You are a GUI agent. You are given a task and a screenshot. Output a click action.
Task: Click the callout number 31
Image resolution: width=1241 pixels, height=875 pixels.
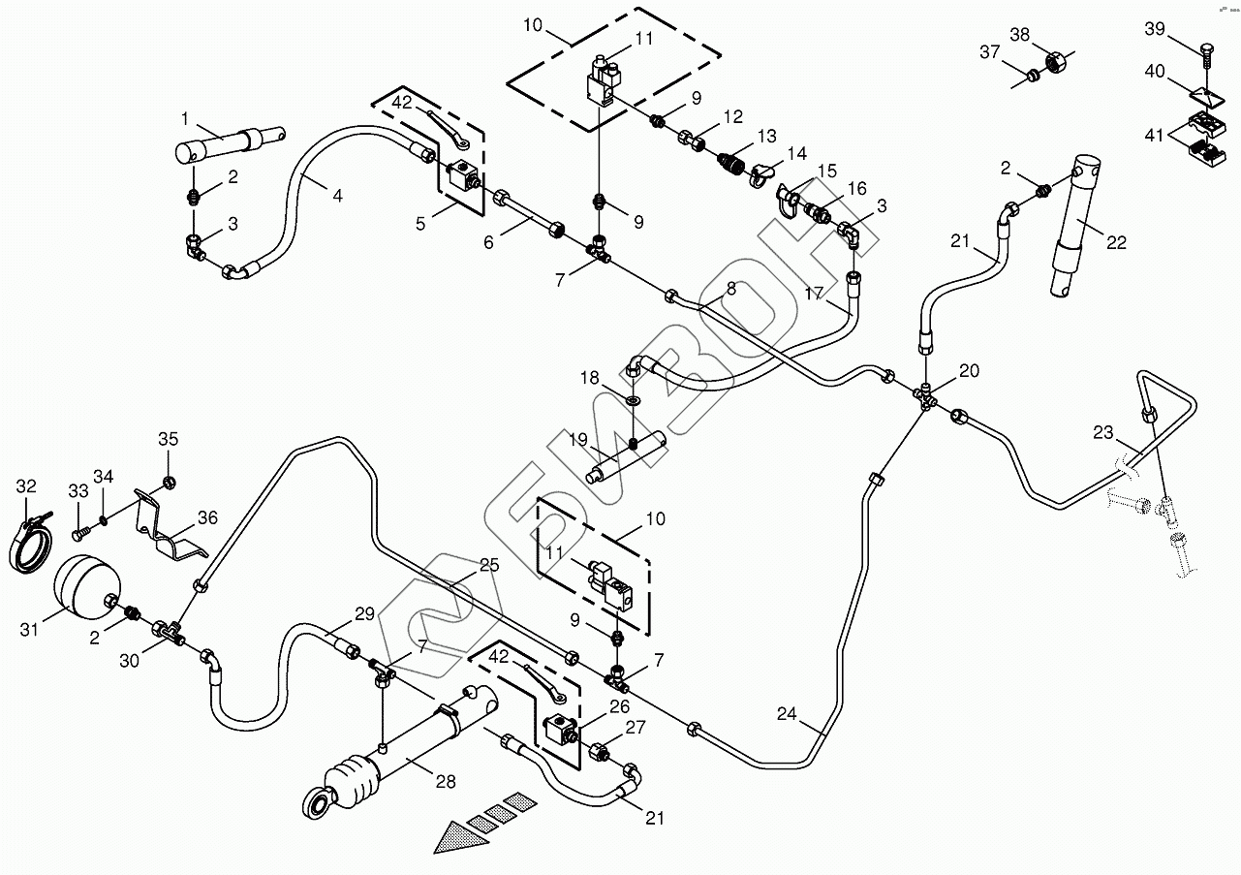coord(29,630)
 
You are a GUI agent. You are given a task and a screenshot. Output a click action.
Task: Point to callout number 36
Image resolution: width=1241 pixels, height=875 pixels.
coord(207,518)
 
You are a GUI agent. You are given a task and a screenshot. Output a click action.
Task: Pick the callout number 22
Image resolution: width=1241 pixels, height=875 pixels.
coord(1116,243)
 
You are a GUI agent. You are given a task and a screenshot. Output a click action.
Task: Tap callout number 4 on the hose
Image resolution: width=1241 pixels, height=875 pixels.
coord(336,196)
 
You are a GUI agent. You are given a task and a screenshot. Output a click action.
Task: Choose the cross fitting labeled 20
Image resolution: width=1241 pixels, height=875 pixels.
coord(925,395)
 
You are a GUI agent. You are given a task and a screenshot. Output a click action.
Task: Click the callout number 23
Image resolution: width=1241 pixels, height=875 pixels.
coord(1103,433)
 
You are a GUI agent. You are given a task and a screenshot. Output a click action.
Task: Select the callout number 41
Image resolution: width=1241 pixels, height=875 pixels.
coord(1155,136)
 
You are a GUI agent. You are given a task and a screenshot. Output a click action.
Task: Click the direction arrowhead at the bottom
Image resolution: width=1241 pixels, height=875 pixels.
coord(455,837)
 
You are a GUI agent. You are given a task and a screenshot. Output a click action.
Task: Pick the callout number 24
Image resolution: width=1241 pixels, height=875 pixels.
coord(786,715)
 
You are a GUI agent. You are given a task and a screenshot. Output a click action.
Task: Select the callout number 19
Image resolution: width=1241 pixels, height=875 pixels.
coord(578,440)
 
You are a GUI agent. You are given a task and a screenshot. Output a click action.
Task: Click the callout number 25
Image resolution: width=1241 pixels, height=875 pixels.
coord(488,565)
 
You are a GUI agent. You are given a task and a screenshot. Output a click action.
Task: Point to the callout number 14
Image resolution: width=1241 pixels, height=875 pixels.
coord(796,153)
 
